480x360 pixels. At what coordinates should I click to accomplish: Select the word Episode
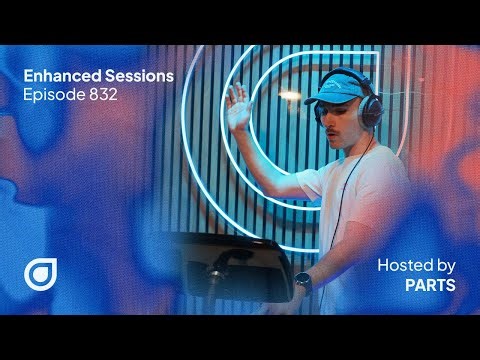click(50, 96)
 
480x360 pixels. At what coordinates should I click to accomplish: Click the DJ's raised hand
click(238, 106)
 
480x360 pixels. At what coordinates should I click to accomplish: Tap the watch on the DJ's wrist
click(304, 283)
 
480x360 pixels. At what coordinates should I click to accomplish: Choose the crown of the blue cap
click(352, 83)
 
